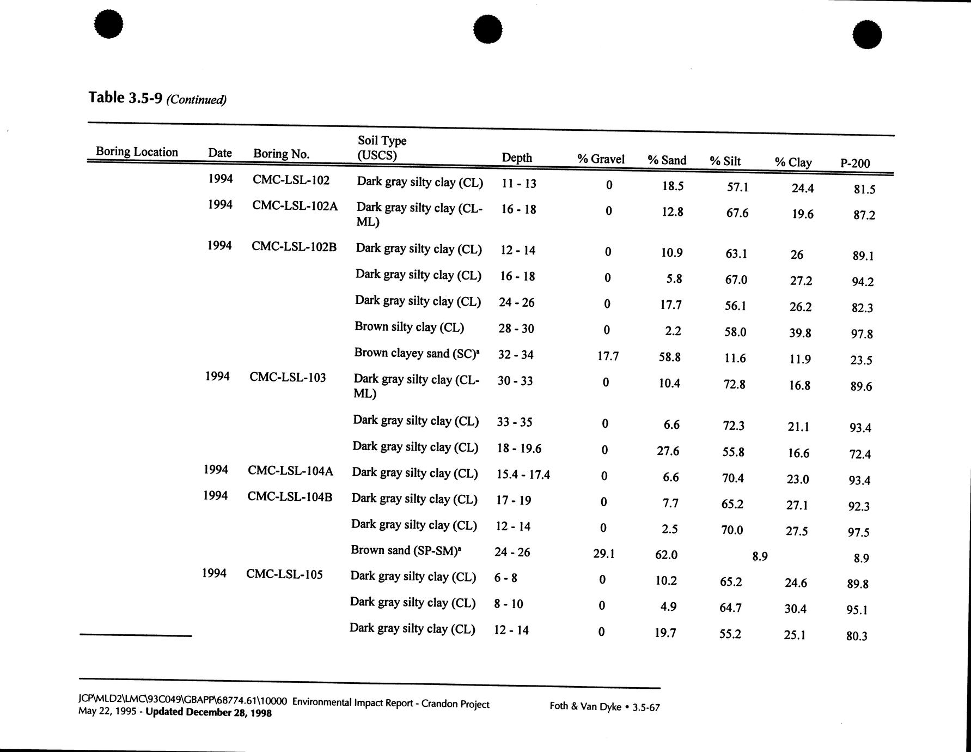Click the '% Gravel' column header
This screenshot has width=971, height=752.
[x=601, y=159]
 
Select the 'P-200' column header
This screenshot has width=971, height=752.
[x=855, y=163]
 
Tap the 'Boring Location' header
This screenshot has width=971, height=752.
[x=137, y=152]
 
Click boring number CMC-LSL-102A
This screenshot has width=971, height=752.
[x=295, y=206]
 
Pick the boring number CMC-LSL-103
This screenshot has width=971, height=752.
[x=288, y=377]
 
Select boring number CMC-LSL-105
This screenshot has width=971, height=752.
[x=284, y=574]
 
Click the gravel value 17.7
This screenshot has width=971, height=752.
[x=608, y=356]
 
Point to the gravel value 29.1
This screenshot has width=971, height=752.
[x=603, y=554]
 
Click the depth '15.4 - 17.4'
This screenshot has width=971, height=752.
[x=523, y=475]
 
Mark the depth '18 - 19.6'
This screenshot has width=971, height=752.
[x=519, y=448]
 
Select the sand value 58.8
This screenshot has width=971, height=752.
[x=669, y=357]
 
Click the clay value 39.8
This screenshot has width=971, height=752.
[x=800, y=333]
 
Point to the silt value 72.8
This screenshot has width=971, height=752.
[x=734, y=384]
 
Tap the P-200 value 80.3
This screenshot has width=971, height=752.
[x=857, y=636]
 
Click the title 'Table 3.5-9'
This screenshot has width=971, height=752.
[x=125, y=98]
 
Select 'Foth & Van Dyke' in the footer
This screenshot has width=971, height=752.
[x=585, y=706]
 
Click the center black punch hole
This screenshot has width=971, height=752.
[x=487, y=29]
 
